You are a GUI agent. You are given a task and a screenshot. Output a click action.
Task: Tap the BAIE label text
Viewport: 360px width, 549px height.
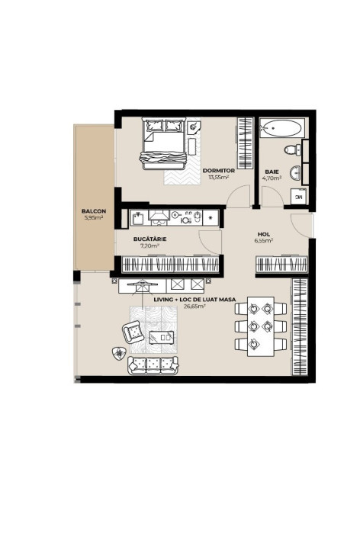[272, 172]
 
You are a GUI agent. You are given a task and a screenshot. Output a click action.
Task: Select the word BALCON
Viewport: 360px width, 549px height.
[94, 211]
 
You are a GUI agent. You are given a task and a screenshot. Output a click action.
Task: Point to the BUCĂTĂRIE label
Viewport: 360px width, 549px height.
[150, 239]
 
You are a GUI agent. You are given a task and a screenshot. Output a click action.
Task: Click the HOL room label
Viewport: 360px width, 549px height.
[264, 235]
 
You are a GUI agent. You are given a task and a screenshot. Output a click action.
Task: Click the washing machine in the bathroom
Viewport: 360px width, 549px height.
[298, 197]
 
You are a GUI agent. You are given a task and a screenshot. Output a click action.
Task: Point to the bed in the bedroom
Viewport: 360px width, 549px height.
[162, 146]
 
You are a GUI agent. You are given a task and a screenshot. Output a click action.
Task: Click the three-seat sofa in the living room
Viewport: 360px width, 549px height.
[153, 364]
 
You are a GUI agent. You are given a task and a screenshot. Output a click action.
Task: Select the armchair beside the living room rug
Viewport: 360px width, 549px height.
[133, 331]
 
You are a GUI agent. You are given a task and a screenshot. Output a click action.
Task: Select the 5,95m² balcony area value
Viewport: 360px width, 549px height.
[94, 217]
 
